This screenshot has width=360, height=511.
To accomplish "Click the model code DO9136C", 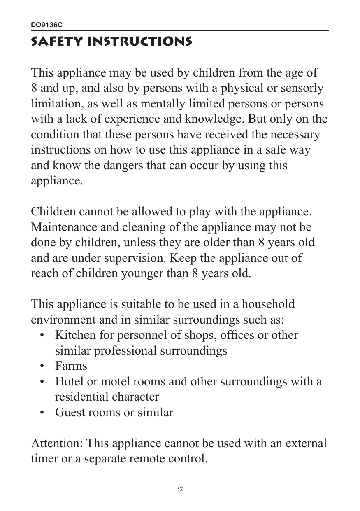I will [x=47, y=26].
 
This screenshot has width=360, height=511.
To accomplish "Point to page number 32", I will [x=180, y=489].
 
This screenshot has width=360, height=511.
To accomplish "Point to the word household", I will [x=268, y=304].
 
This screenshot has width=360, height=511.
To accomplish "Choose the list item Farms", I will [x=71, y=366].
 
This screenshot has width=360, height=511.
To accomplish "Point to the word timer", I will [x=44, y=458].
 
